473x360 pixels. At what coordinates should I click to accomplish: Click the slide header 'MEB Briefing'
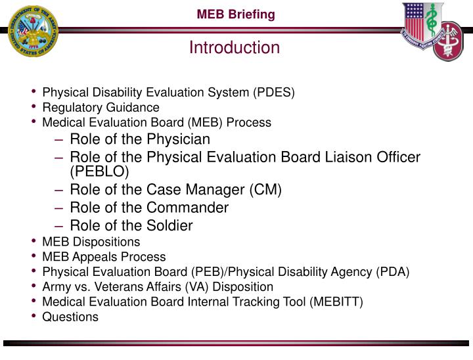237,14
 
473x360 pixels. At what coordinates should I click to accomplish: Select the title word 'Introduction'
235,48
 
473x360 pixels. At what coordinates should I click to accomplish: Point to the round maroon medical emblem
453,41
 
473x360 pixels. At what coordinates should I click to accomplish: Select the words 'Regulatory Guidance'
101,107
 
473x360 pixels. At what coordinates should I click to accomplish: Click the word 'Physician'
178,139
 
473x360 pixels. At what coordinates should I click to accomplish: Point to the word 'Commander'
188,208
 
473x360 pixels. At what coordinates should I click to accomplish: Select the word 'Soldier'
169,226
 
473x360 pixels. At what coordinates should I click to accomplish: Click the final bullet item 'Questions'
70,317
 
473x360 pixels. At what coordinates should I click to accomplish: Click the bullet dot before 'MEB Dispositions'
34,242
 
